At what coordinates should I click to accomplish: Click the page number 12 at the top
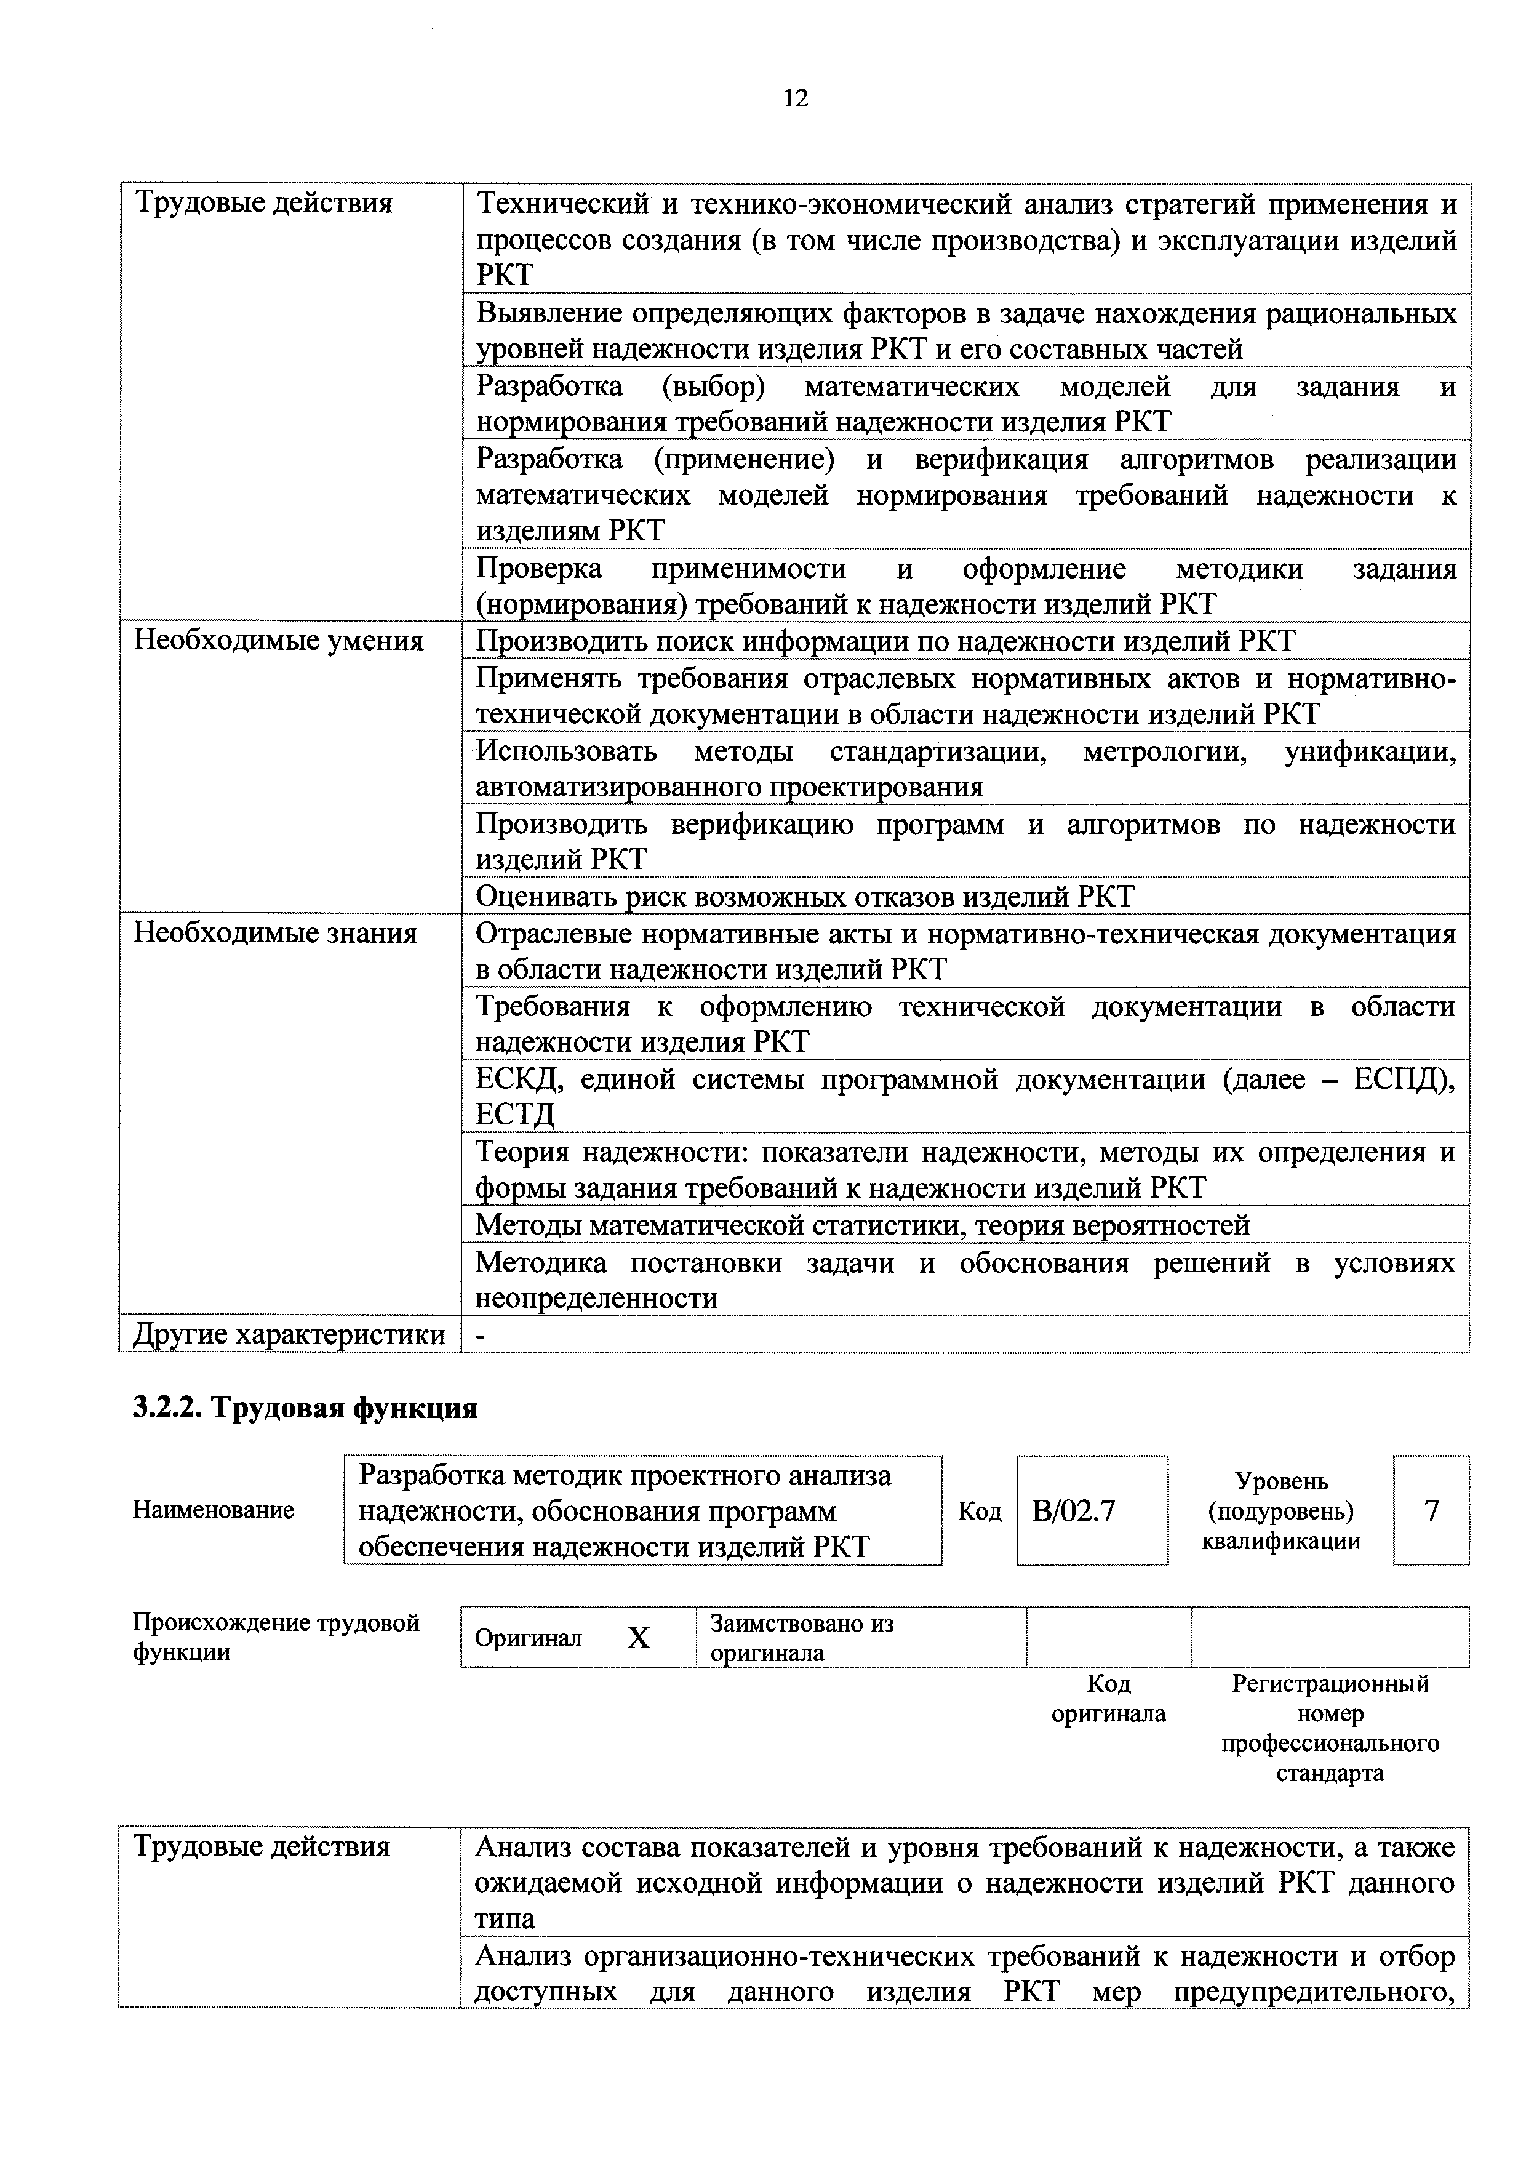(794, 98)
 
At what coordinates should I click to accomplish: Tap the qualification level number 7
(1431, 1510)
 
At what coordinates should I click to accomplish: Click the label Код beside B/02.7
(979, 1511)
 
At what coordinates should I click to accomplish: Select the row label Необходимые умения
(278, 641)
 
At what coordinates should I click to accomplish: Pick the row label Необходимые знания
(276, 933)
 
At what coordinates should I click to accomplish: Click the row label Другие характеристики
(289, 1334)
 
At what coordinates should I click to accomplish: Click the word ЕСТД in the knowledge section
(515, 1115)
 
